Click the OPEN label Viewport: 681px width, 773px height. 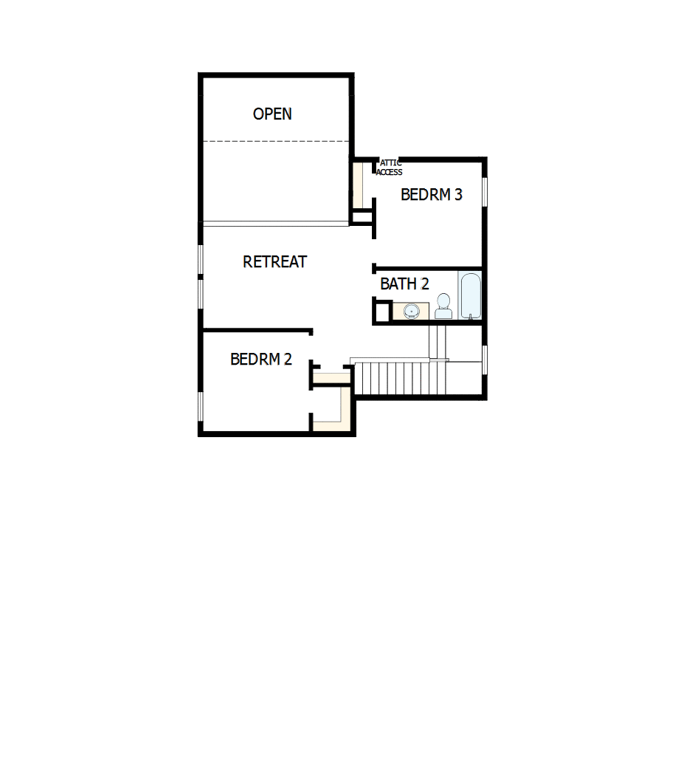pos(272,114)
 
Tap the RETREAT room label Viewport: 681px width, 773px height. pos(274,261)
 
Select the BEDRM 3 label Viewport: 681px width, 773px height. pos(431,195)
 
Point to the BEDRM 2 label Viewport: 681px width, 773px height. pos(260,360)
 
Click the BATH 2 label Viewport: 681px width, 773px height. pos(404,284)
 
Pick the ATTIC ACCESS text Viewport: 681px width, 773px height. pos(390,168)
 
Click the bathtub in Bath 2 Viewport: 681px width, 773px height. pos(470,295)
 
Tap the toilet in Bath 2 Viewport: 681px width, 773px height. pos(443,306)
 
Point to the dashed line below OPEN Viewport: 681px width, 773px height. pos(275,141)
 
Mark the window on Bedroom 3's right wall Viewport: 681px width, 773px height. pos(485,192)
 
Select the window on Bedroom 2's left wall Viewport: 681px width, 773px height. pos(200,406)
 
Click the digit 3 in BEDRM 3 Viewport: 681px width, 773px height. pos(458,195)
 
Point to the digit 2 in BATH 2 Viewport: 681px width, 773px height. pos(425,284)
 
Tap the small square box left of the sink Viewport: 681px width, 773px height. pos(382,312)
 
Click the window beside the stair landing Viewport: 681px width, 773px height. pos(485,360)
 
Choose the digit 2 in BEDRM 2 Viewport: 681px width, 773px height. pos(288,360)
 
